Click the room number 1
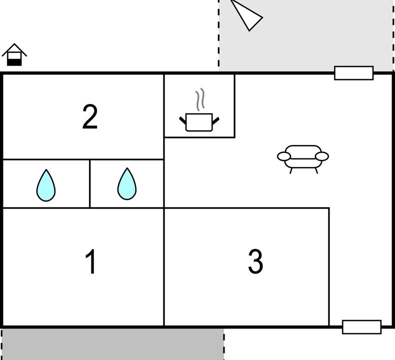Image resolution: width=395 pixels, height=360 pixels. pyautogui.click(x=90, y=261)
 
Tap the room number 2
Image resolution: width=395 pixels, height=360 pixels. pyautogui.click(x=90, y=116)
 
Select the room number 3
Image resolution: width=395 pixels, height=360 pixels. pyautogui.click(x=255, y=261)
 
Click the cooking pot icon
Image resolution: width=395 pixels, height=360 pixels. pyautogui.click(x=199, y=122)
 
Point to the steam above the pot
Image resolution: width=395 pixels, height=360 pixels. pyautogui.click(x=200, y=99)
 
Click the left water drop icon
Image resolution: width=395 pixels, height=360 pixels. pyautogui.click(x=46, y=185)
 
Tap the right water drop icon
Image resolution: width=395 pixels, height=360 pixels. pyautogui.click(x=127, y=184)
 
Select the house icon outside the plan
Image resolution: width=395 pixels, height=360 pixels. pyautogui.click(x=14, y=54)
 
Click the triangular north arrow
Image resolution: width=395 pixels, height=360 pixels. pyautogui.click(x=247, y=16)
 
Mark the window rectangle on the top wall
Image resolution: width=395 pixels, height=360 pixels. pyautogui.click(x=353, y=73)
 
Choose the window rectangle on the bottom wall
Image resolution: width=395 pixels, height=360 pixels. pyautogui.click(x=361, y=327)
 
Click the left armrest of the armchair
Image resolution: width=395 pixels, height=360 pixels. pyautogui.click(x=284, y=156)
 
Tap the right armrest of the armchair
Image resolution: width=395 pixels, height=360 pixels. pyautogui.click(x=322, y=156)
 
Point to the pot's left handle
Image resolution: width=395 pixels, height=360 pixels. pyautogui.click(x=182, y=120)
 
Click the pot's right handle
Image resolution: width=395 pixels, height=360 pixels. pyautogui.click(x=215, y=121)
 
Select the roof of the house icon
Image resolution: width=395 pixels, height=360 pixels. pyautogui.click(x=14, y=50)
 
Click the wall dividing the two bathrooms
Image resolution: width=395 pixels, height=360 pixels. pyautogui.click(x=89, y=183)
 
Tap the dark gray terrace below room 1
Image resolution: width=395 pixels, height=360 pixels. pyautogui.click(x=113, y=344)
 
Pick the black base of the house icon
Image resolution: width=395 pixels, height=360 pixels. pyautogui.click(x=14, y=62)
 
